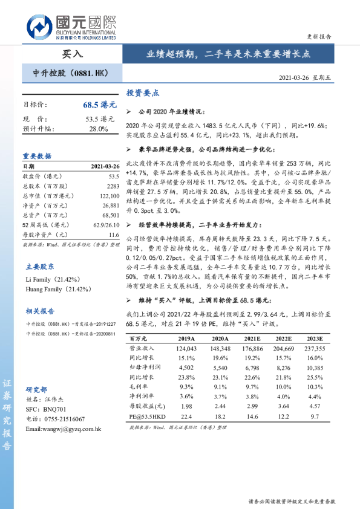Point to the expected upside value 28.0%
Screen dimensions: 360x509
click(x=98, y=129)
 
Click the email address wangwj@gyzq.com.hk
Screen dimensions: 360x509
click(x=63, y=429)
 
